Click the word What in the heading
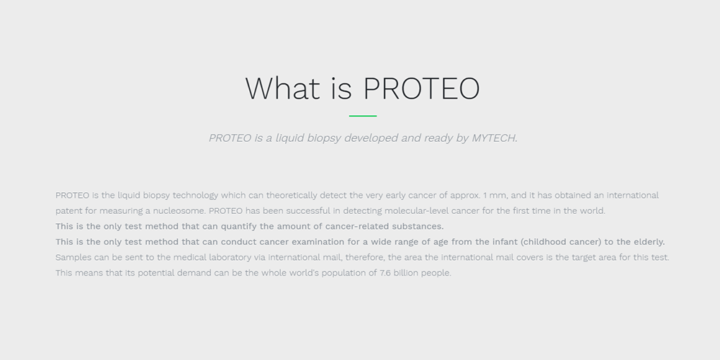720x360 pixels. coord(282,88)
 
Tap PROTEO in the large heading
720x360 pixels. coord(421,88)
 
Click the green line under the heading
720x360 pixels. coord(363,116)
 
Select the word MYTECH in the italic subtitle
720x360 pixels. coord(494,138)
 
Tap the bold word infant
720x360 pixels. coord(505,242)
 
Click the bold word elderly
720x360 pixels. coord(649,242)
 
